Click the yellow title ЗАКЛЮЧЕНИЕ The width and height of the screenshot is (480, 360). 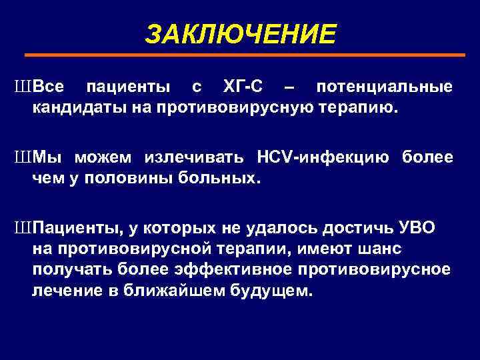click(x=241, y=34)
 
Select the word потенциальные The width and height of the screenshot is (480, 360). click(x=385, y=87)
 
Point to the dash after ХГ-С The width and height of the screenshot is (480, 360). click(x=290, y=88)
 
